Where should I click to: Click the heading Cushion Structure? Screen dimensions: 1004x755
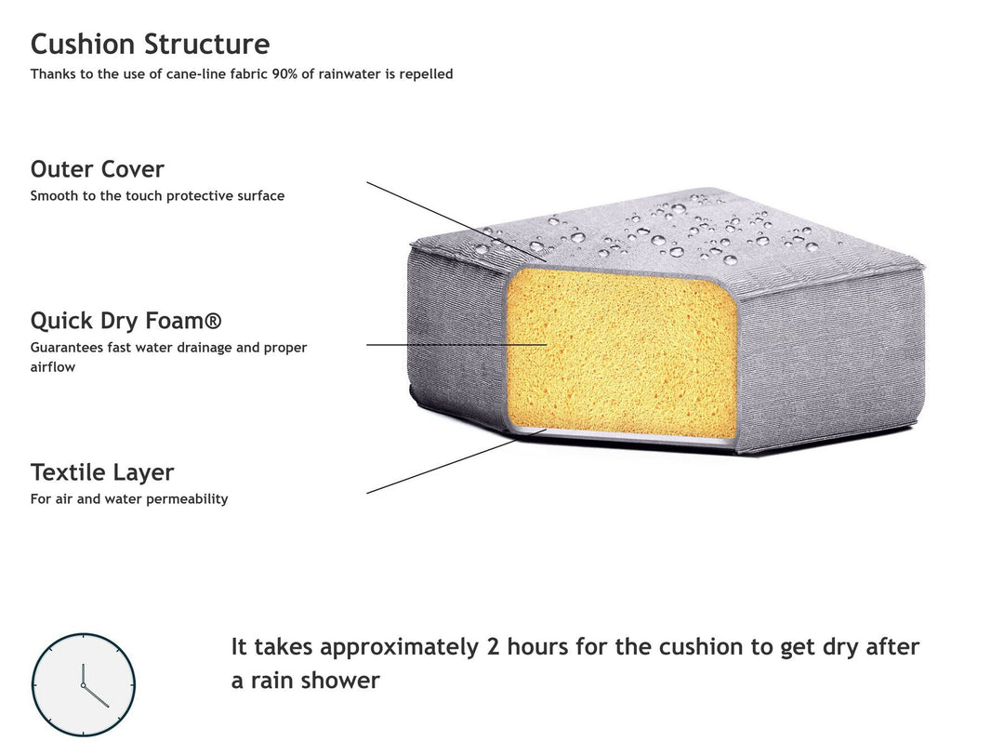click(150, 45)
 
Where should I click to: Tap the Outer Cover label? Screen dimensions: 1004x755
click(98, 169)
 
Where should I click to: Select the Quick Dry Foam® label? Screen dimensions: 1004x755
click(126, 321)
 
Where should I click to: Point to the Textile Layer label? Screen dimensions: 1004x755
click(102, 472)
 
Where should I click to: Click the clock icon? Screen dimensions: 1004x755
click(84, 684)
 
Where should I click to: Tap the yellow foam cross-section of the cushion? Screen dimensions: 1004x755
click(621, 352)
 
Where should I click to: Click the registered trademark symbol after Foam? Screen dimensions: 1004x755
click(214, 320)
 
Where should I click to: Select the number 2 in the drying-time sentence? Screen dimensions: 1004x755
click(493, 647)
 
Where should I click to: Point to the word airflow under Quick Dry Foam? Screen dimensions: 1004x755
click(52, 367)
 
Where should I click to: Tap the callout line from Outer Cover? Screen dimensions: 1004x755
click(456, 222)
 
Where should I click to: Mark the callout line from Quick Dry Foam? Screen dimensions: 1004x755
click(456, 345)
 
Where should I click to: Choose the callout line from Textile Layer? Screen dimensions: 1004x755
click(456, 461)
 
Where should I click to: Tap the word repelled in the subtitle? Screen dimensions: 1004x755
click(426, 74)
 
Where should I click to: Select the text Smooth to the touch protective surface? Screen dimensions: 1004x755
click(157, 196)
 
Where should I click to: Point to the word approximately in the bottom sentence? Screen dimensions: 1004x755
click(399, 648)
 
